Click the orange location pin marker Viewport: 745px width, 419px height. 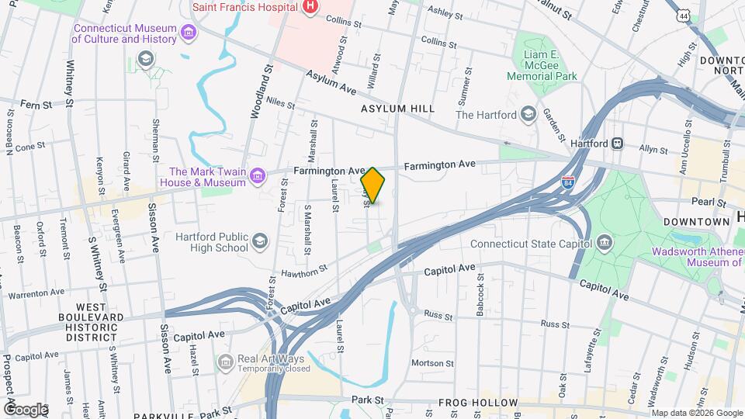coord(373,185)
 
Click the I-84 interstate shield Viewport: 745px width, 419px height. coord(568,182)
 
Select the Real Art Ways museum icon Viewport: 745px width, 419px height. coord(225,362)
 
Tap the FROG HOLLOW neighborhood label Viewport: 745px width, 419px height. coord(473,403)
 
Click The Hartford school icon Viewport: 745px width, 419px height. coord(528,115)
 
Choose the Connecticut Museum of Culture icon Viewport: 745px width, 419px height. coord(187,33)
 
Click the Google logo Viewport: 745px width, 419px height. coord(26,409)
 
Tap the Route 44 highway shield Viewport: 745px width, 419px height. coord(682,16)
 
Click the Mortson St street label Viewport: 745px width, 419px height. coord(432,362)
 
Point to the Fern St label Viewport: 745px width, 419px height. coord(36,103)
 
